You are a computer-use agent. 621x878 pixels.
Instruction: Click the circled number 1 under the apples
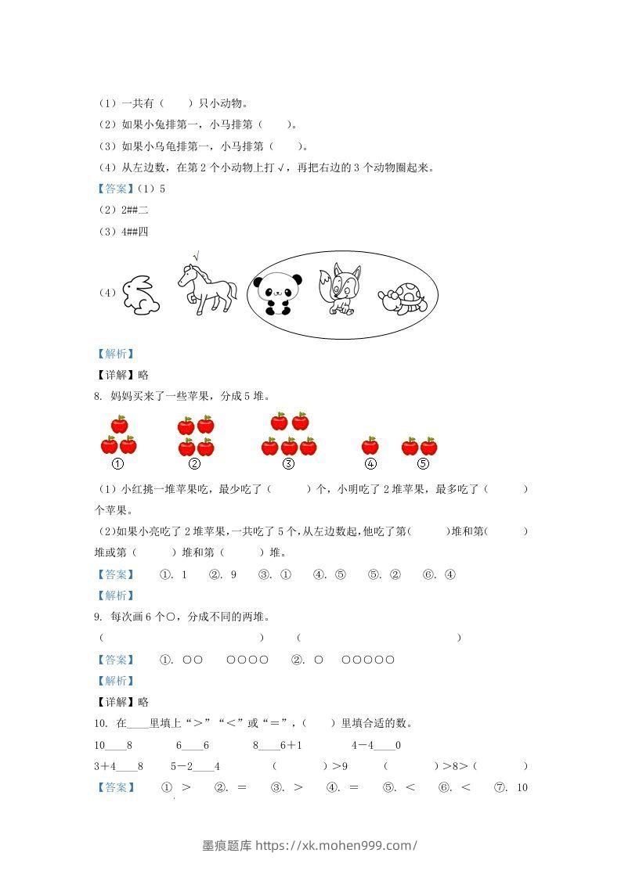tap(118, 464)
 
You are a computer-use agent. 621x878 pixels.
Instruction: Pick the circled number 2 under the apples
tap(196, 464)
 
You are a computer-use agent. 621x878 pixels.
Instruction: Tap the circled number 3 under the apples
tap(288, 464)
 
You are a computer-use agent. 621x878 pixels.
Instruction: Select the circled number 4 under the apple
tap(370, 464)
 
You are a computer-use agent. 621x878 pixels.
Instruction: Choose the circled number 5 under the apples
tap(423, 464)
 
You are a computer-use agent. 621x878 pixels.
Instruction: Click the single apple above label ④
tap(370, 446)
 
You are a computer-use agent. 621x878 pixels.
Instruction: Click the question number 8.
tap(96, 396)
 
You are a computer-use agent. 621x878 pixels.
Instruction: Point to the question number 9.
tap(96, 617)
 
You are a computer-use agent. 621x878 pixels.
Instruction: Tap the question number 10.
tap(99, 722)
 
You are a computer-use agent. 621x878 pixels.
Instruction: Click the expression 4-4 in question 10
tap(363, 745)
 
